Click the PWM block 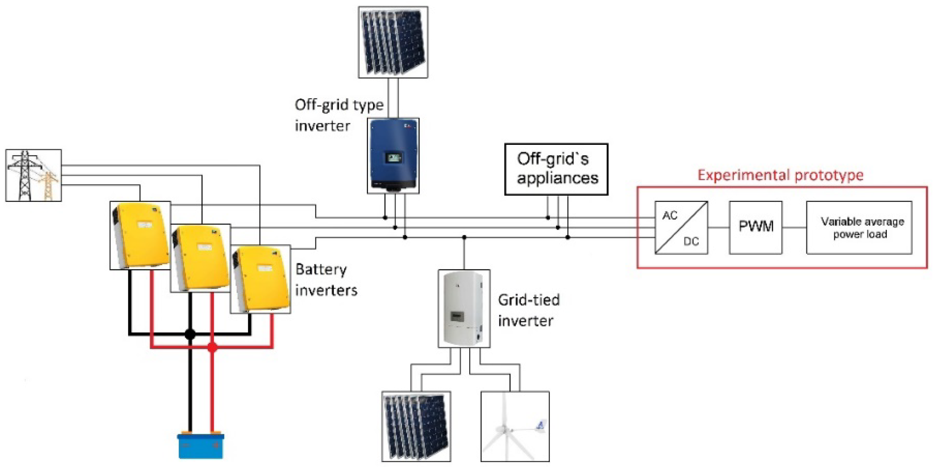pyautogui.click(x=755, y=227)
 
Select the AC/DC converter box pyautogui.click(x=681, y=227)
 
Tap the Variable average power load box pyautogui.click(x=859, y=227)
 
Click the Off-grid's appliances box pyautogui.click(x=556, y=169)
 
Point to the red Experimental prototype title pyautogui.click(x=780, y=175)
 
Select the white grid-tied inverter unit pyautogui.click(x=463, y=308)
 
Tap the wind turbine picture pyautogui.click(x=515, y=426)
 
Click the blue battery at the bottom pyautogui.click(x=201, y=446)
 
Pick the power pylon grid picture pyautogui.click(x=33, y=175)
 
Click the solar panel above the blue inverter pyautogui.click(x=393, y=42)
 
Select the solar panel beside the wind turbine pyautogui.click(x=416, y=426)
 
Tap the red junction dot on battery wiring pyautogui.click(x=213, y=347)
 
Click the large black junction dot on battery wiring pyautogui.click(x=190, y=334)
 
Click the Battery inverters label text pyautogui.click(x=326, y=280)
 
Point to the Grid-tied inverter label pyautogui.click(x=528, y=310)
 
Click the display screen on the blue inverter pyautogui.click(x=393, y=157)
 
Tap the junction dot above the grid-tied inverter pyautogui.click(x=464, y=237)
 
